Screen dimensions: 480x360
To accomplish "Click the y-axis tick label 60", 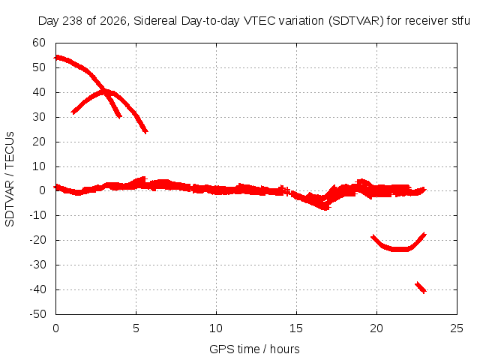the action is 39,43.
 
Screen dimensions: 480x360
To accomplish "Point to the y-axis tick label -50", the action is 37,314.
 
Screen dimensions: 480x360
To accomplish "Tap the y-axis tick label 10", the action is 39,166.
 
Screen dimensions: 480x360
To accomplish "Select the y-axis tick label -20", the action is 37,240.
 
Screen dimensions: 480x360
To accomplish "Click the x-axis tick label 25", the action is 457,328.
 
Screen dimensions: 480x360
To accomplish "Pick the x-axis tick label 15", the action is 296,328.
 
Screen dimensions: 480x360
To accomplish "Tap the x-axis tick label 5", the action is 136,328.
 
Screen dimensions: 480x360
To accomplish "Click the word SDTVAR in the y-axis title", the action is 10,203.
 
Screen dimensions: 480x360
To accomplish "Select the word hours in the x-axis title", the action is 285,349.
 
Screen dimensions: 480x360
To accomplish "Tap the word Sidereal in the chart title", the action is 155,21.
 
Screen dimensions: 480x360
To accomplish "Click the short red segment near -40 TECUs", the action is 421,287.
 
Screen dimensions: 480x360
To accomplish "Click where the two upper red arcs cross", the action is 105,90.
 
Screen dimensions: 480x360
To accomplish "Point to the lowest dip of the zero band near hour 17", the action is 325,207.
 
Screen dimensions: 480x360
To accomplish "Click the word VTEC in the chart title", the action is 256,21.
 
